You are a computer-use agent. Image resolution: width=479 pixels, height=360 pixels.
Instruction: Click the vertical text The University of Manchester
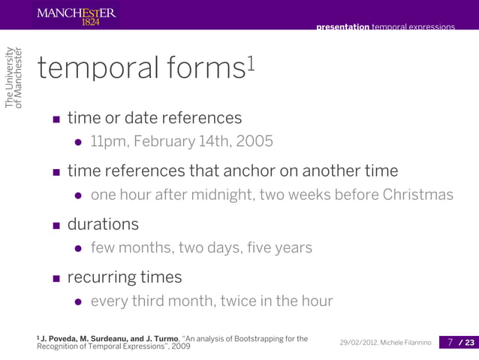click(14, 77)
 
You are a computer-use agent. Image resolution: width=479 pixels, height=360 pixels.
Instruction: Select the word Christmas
click(418, 195)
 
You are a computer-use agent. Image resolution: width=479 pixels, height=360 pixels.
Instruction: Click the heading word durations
click(103, 225)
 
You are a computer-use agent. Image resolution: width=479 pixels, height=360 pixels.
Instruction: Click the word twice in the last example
click(239, 301)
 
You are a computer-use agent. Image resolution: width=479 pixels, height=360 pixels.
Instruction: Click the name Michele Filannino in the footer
click(409, 343)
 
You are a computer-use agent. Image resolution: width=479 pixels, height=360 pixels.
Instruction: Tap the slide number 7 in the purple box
click(450, 343)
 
